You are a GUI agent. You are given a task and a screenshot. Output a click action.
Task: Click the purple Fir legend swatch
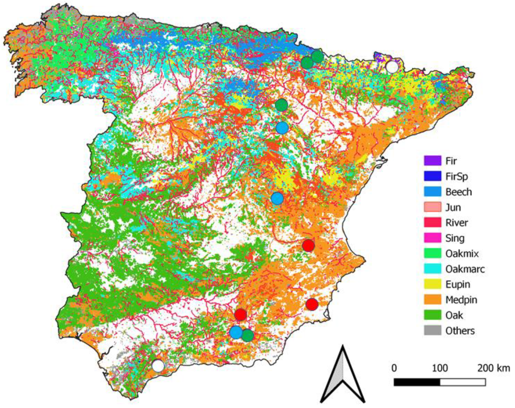(432, 161)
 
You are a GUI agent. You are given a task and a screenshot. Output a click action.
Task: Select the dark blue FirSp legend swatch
(432, 176)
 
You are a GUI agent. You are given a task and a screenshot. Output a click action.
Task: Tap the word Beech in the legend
(458, 192)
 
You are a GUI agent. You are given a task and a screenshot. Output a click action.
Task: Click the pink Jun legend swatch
(432, 207)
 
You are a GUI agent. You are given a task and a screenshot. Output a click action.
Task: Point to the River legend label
(457, 223)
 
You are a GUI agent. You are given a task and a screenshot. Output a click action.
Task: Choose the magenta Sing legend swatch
(432, 238)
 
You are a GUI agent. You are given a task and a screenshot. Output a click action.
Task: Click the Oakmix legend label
(462, 253)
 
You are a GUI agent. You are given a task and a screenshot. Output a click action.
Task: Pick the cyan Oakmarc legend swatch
(432, 269)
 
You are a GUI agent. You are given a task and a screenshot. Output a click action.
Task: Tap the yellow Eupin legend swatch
(432, 284)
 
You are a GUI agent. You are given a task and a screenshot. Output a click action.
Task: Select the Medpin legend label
(461, 300)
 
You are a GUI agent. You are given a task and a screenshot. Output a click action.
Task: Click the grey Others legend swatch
(432, 331)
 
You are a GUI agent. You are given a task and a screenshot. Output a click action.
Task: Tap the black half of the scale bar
(417, 382)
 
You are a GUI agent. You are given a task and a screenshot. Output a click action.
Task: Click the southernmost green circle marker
(248, 335)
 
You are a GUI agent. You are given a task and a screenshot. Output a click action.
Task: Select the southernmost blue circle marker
(236, 332)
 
